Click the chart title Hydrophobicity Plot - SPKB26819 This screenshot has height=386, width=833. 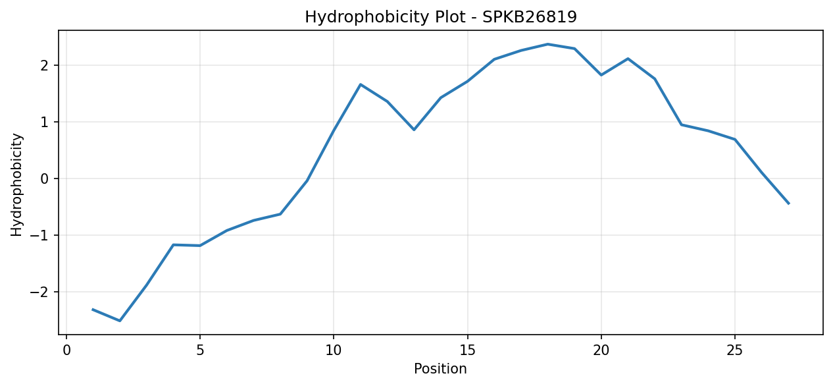click(441, 17)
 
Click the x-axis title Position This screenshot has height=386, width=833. click(440, 369)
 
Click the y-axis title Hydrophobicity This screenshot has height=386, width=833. click(16, 184)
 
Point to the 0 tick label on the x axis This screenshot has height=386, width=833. click(66, 350)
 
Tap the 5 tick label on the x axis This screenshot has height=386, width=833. click(200, 350)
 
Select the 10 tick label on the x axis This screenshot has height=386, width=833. click(334, 350)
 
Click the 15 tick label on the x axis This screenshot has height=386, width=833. click(467, 350)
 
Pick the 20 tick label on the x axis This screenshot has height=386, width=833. click(601, 350)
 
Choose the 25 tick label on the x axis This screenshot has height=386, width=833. click(734, 350)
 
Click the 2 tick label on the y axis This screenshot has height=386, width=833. click(45, 65)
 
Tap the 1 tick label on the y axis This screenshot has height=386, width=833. click(45, 122)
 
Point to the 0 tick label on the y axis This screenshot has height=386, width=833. click(45, 179)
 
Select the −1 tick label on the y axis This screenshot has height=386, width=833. click(39, 235)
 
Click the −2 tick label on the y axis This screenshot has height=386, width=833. click(39, 292)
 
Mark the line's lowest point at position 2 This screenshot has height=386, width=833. click(120, 321)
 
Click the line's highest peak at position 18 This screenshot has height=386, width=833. click(547, 44)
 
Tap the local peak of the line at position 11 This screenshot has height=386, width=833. click(361, 84)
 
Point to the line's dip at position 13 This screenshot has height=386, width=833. click(414, 130)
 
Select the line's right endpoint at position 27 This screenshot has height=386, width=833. click(788, 204)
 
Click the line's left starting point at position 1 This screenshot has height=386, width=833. click(93, 310)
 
